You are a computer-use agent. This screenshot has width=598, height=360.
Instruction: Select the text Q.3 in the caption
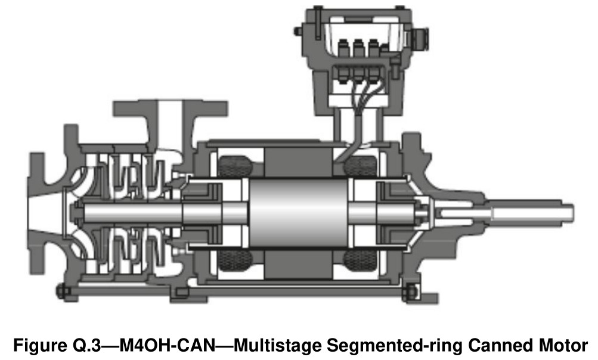85,346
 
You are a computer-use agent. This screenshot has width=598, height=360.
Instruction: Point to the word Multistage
277,346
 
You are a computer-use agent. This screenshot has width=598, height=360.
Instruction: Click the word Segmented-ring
393,346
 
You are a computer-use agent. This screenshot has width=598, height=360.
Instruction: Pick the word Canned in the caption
499,346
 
